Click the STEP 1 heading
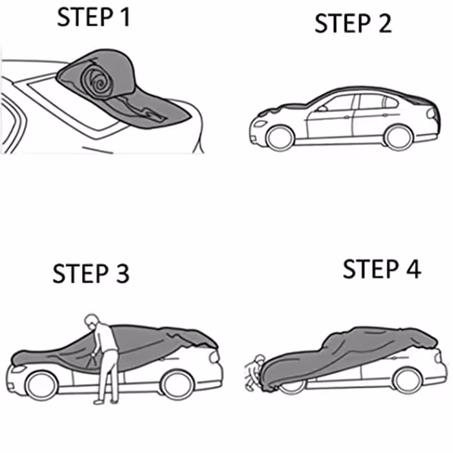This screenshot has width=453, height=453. [94, 17]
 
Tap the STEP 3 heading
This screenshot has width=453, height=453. [91, 273]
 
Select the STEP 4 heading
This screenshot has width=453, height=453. [382, 269]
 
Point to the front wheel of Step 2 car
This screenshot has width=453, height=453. [280, 136]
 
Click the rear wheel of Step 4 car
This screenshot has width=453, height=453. [408, 379]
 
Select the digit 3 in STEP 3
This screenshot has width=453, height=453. [120, 273]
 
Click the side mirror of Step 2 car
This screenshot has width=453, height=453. [320, 108]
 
